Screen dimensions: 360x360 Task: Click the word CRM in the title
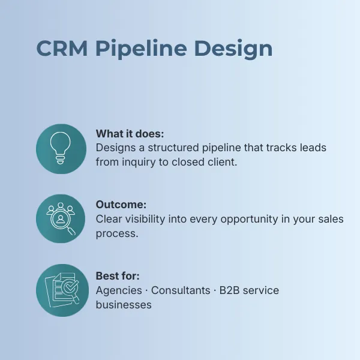click(62, 48)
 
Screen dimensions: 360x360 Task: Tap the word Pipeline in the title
click(141, 49)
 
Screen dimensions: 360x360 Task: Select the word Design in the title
click(233, 49)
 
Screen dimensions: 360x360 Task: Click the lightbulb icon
click(61, 148)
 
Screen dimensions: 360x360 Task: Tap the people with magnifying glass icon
click(61, 218)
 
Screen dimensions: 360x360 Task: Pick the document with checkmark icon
click(62, 290)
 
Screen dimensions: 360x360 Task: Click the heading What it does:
click(130, 134)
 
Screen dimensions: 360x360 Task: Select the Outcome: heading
click(121, 205)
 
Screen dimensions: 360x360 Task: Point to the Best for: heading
click(118, 276)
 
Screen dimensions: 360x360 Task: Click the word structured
click(173, 148)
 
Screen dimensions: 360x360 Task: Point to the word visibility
click(145, 219)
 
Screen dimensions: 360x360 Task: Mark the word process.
click(117, 234)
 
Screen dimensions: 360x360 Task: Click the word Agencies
click(119, 290)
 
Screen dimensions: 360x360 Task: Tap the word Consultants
click(181, 290)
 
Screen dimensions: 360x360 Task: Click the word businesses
click(124, 305)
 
